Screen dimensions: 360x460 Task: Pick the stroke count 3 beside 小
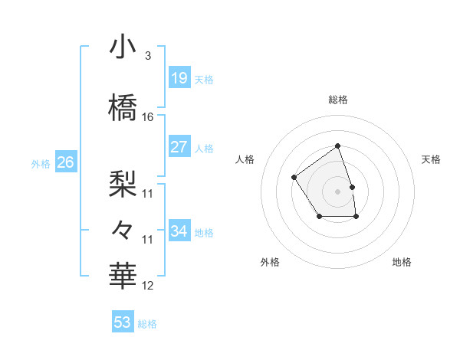(x=147, y=56)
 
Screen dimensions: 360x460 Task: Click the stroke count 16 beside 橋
(x=148, y=117)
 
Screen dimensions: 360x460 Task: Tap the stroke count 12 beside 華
(x=148, y=286)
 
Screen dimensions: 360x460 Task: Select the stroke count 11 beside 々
(x=148, y=240)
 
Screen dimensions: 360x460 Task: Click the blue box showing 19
(x=179, y=78)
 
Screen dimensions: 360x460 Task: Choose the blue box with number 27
(x=179, y=147)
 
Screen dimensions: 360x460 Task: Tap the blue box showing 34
(x=179, y=231)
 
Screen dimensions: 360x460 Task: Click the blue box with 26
(x=66, y=162)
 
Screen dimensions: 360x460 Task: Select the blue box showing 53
(x=123, y=322)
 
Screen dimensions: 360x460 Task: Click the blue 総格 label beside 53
(x=147, y=324)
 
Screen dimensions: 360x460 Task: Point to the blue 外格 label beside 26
(x=41, y=163)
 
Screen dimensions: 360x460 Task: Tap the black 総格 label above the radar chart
(x=338, y=100)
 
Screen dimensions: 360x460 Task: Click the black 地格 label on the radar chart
(x=402, y=263)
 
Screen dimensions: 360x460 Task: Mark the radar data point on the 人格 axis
(x=294, y=178)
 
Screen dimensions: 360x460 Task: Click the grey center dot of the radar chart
(x=337, y=191)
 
